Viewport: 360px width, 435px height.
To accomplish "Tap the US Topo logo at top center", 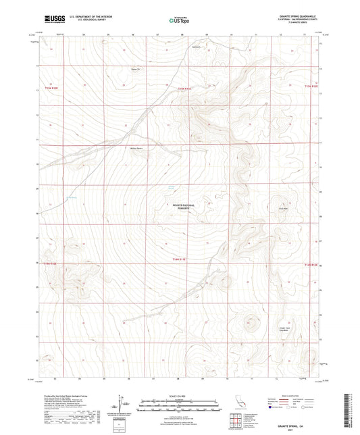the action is point(179,20).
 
